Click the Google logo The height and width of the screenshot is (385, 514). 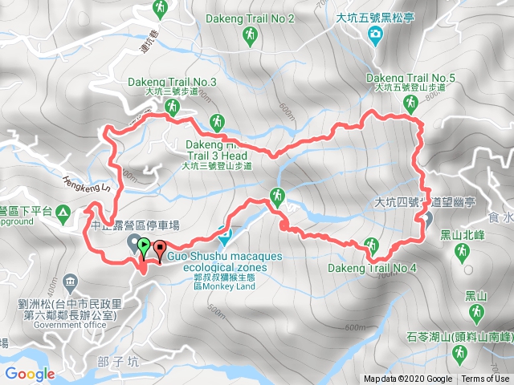[29, 374]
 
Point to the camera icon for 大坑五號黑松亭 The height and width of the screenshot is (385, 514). [374, 34]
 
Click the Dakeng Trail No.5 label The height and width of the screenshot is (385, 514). [410, 78]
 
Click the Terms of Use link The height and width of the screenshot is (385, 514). [485, 379]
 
